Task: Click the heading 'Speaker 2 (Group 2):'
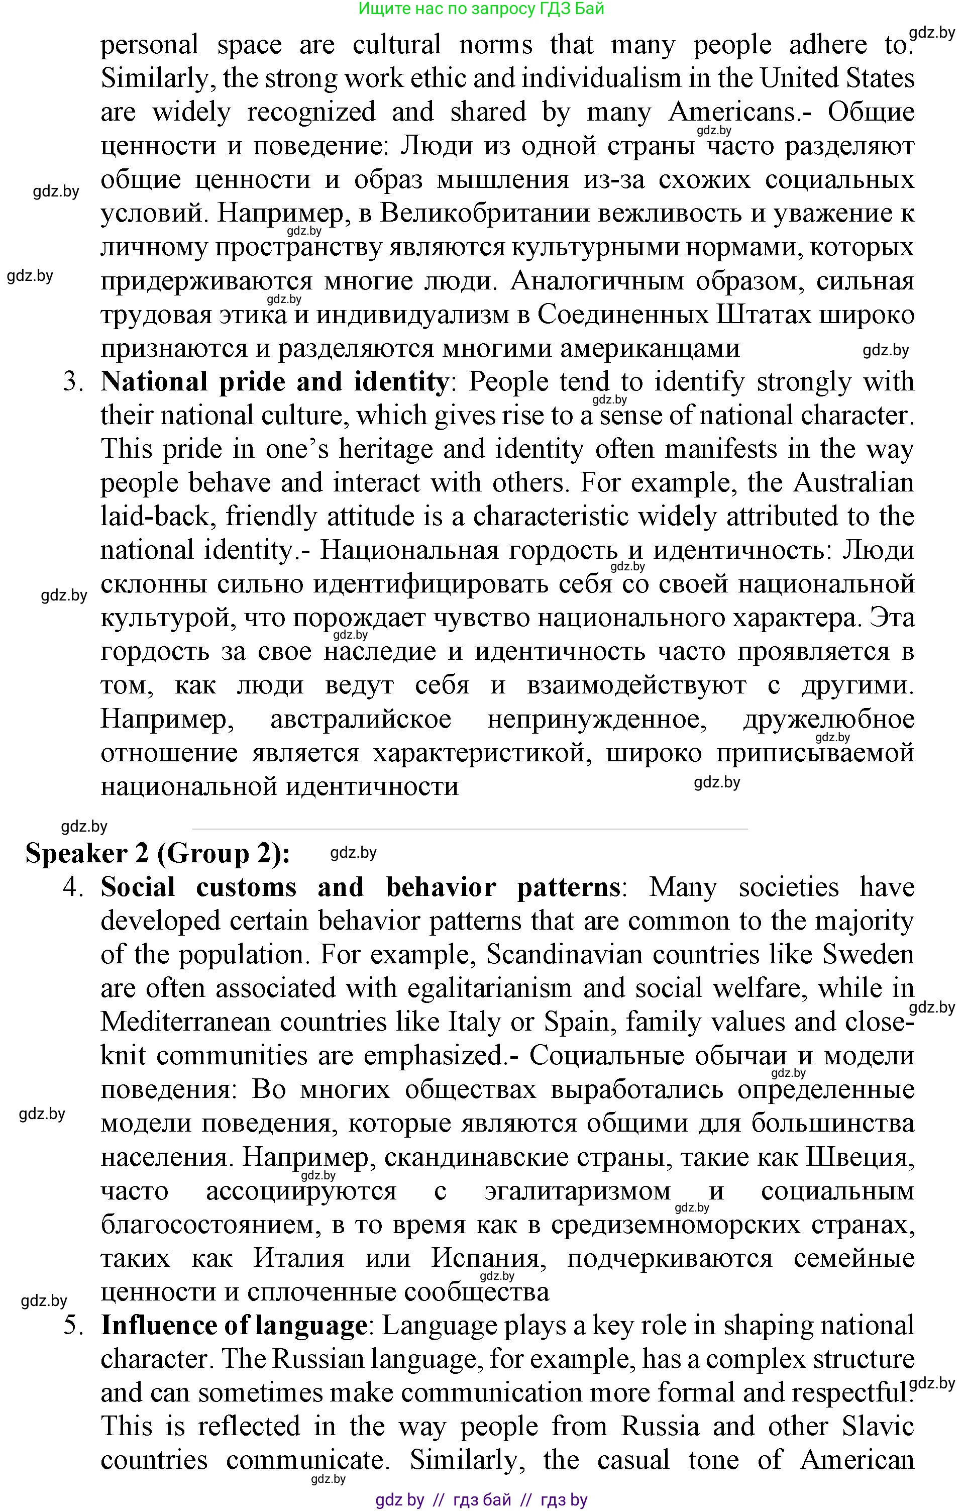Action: tap(157, 854)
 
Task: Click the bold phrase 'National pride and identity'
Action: tap(275, 381)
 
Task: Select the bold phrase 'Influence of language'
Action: tap(234, 1325)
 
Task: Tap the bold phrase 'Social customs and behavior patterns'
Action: tap(360, 887)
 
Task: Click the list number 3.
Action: tap(73, 382)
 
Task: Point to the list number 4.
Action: tap(73, 888)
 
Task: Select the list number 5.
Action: tap(73, 1325)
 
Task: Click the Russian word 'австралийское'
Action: tap(361, 719)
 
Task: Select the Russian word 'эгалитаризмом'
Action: tap(577, 1190)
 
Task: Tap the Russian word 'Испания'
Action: tap(485, 1258)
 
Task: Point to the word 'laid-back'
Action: tap(155, 517)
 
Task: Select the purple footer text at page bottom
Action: tap(481, 1500)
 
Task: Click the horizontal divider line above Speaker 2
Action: tap(470, 830)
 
